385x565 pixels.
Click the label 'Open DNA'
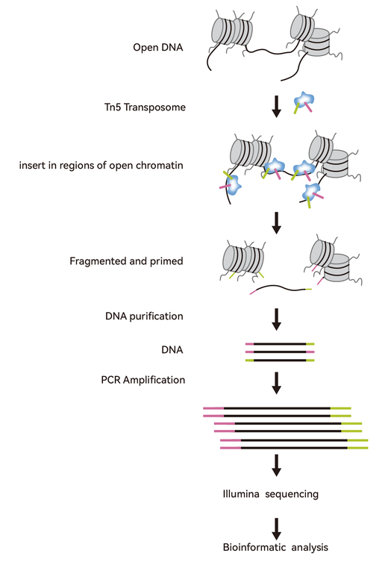(x=157, y=47)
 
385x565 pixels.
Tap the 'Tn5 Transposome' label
(x=145, y=107)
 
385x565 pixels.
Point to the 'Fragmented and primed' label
(x=126, y=261)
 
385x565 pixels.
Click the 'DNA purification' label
(x=144, y=316)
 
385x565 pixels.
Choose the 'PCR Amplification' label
(x=143, y=380)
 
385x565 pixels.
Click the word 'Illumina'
(x=241, y=493)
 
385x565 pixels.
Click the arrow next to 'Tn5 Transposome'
(x=276, y=106)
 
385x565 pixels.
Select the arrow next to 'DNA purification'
(x=276, y=319)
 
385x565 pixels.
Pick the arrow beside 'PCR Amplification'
(x=276, y=383)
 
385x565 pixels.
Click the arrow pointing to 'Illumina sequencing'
(x=276, y=465)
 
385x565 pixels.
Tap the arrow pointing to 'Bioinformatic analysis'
(x=276, y=529)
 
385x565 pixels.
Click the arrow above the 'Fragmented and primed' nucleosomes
(x=276, y=223)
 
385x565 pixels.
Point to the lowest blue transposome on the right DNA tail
(x=311, y=193)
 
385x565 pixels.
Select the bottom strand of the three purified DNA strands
(x=280, y=360)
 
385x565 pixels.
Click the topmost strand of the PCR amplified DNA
(x=277, y=408)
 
